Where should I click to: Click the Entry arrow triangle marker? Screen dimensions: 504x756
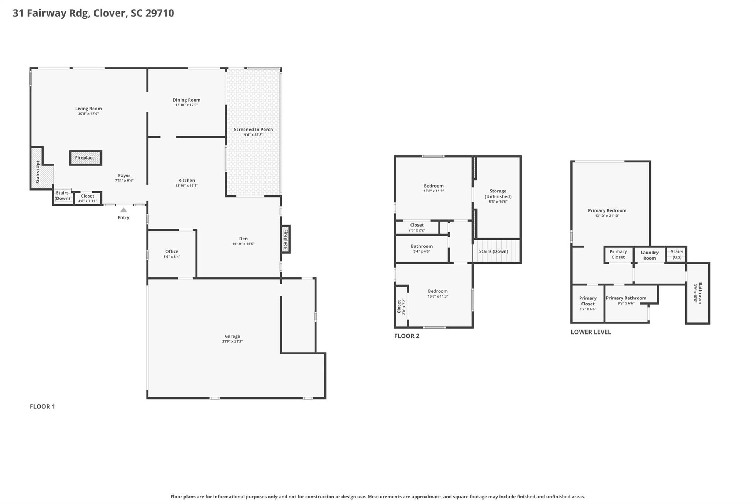click(124, 210)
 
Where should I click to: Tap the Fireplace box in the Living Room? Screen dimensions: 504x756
click(85, 158)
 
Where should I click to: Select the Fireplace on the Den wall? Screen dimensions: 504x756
click(285, 239)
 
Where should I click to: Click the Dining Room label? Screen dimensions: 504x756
click(186, 100)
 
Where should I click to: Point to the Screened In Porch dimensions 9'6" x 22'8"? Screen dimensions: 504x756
click(253, 135)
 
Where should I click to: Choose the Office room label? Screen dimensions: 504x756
click(172, 251)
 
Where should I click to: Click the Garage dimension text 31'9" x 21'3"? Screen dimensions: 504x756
click(232, 342)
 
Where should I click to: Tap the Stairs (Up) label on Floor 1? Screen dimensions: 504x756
click(38, 172)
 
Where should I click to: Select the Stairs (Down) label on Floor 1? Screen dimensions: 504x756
click(62, 196)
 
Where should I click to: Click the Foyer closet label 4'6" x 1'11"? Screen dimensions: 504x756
click(87, 201)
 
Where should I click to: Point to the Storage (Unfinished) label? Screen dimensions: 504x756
click(498, 194)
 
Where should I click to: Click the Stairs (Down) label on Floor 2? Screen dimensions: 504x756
click(493, 251)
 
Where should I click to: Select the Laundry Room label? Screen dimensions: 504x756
click(649, 255)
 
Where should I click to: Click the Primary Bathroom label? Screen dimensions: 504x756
click(626, 298)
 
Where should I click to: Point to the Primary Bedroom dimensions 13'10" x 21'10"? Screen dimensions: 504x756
click(607, 216)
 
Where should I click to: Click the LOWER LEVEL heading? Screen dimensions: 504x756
click(591, 332)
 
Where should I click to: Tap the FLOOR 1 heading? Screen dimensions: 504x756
click(42, 407)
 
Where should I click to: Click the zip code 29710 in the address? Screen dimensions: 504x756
click(159, 13)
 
